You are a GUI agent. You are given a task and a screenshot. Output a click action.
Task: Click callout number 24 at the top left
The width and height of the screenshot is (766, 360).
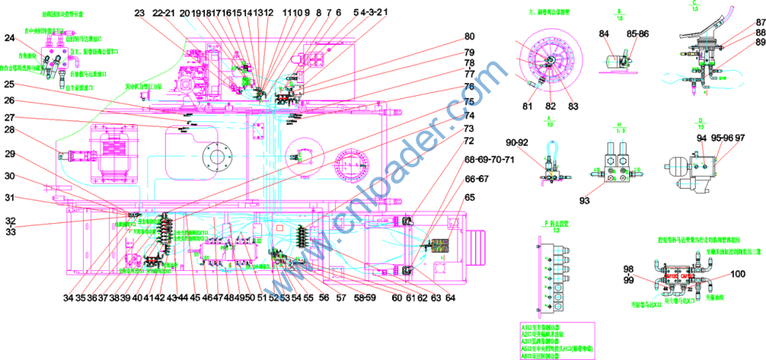coord(10,38)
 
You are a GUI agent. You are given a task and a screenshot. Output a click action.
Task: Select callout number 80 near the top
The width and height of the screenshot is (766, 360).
coord(469,37)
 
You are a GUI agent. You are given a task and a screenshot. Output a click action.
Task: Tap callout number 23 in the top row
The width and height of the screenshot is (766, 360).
coord(140,13)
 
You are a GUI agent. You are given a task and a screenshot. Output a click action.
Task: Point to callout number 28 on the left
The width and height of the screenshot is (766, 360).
coord(10,129)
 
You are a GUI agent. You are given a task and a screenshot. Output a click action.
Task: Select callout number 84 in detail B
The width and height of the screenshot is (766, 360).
coord(604,33)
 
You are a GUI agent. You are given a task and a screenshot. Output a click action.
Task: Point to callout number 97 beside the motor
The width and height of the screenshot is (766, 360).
coord(740,138)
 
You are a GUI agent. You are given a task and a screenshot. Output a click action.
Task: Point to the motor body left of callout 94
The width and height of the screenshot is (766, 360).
coord(677,165)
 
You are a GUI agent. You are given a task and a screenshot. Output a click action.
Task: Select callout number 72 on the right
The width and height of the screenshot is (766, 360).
coord(469,141)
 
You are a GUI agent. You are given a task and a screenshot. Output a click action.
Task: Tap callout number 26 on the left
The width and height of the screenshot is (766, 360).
coord(10,100)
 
